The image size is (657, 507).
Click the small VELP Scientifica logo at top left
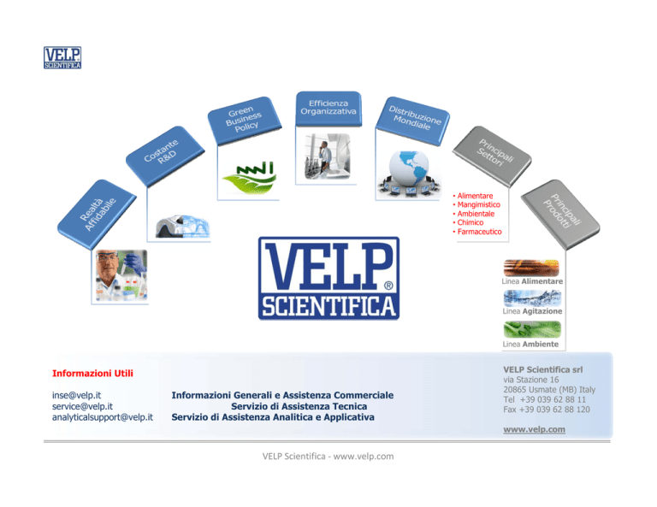[62, 58]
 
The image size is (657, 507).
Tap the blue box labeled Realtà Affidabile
[98, 214]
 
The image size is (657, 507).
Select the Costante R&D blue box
[164, 156]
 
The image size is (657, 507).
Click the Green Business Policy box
[244, 121]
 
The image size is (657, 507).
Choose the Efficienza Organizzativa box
[328, 109]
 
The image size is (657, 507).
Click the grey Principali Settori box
[492, 156]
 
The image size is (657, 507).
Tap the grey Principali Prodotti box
[560, 214]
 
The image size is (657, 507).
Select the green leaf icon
[249, 178]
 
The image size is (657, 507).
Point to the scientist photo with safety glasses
[121, 275]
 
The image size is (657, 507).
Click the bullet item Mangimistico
[478, 204]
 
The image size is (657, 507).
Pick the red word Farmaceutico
[479, 232]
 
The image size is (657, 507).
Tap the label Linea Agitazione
[532, 311]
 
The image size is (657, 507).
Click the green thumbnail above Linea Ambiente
[532, 329]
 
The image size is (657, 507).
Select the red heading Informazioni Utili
[92, 373]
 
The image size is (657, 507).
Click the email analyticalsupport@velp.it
[103, 417]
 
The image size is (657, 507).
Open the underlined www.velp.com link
[534, 429]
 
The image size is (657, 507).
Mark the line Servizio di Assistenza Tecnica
[299, 406]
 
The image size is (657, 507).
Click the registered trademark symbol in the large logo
[388, 286]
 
